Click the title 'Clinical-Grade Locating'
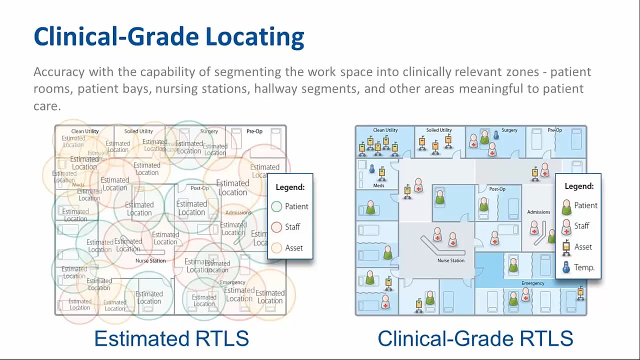(x=168, y=37)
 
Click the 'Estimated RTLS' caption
(x=171, y=338)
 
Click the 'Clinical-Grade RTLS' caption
(x=475, y=338)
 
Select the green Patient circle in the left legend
(x=277, y=206)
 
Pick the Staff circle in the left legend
(x=277, y=227)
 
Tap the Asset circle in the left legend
(x=277, y=247)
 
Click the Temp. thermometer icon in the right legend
(x=566, y=267)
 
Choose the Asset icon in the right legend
(x=566, y=246)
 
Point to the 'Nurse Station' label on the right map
(x=450, y=260)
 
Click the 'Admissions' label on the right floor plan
(x=538, y=212)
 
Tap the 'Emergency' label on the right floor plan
(x=532, y=283)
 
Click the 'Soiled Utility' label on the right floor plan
(x=439, y=130)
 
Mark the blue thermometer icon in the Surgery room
(x=496, y=135)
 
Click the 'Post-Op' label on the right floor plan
(x=497, y=189)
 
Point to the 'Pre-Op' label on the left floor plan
(x=254, y=131)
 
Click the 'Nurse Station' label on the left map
(x=150, y=261)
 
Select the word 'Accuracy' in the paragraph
(x=59, y=71)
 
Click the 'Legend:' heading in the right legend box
(x=579, y=186)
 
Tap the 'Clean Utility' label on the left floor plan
(x=85, y=131)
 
